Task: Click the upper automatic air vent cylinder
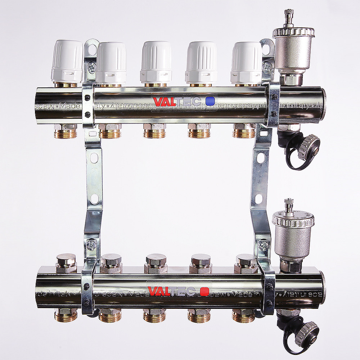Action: coord(293,50)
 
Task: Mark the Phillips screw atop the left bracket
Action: coord(93,66)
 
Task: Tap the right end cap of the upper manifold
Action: coord(324,104)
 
